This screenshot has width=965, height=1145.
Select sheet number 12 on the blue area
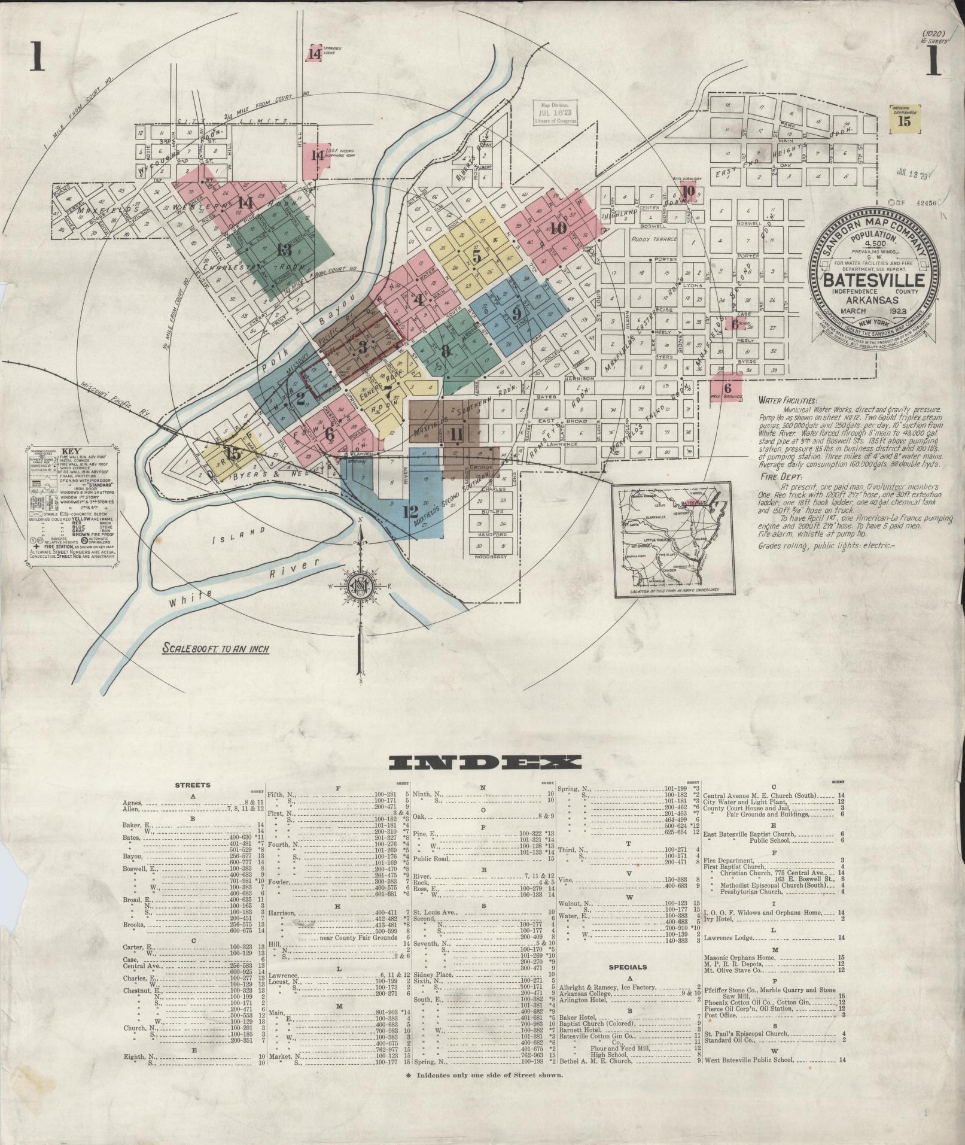click(410, 512)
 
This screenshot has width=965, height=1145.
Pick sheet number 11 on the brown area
click(457, 435)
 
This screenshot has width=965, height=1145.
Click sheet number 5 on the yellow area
click(476, 256)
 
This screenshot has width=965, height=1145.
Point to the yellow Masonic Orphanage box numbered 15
click(905, 119)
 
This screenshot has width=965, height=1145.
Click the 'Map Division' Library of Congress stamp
click(556, 112)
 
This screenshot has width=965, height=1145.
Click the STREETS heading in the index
click(192, 784)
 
